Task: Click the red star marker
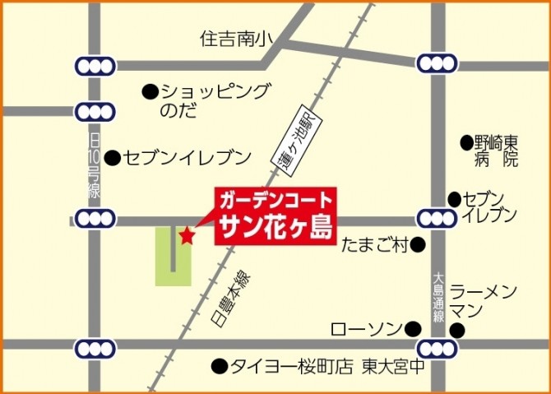(188, 237)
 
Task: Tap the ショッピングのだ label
(214, 100)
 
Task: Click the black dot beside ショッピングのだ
(149, 90)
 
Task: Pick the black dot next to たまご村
(418, 243)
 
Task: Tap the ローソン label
(364, 329)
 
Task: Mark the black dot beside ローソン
(412, 329)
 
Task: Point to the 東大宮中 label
(394, 366)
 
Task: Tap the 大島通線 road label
(438, 299)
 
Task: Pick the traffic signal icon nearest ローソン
(437, 347)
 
